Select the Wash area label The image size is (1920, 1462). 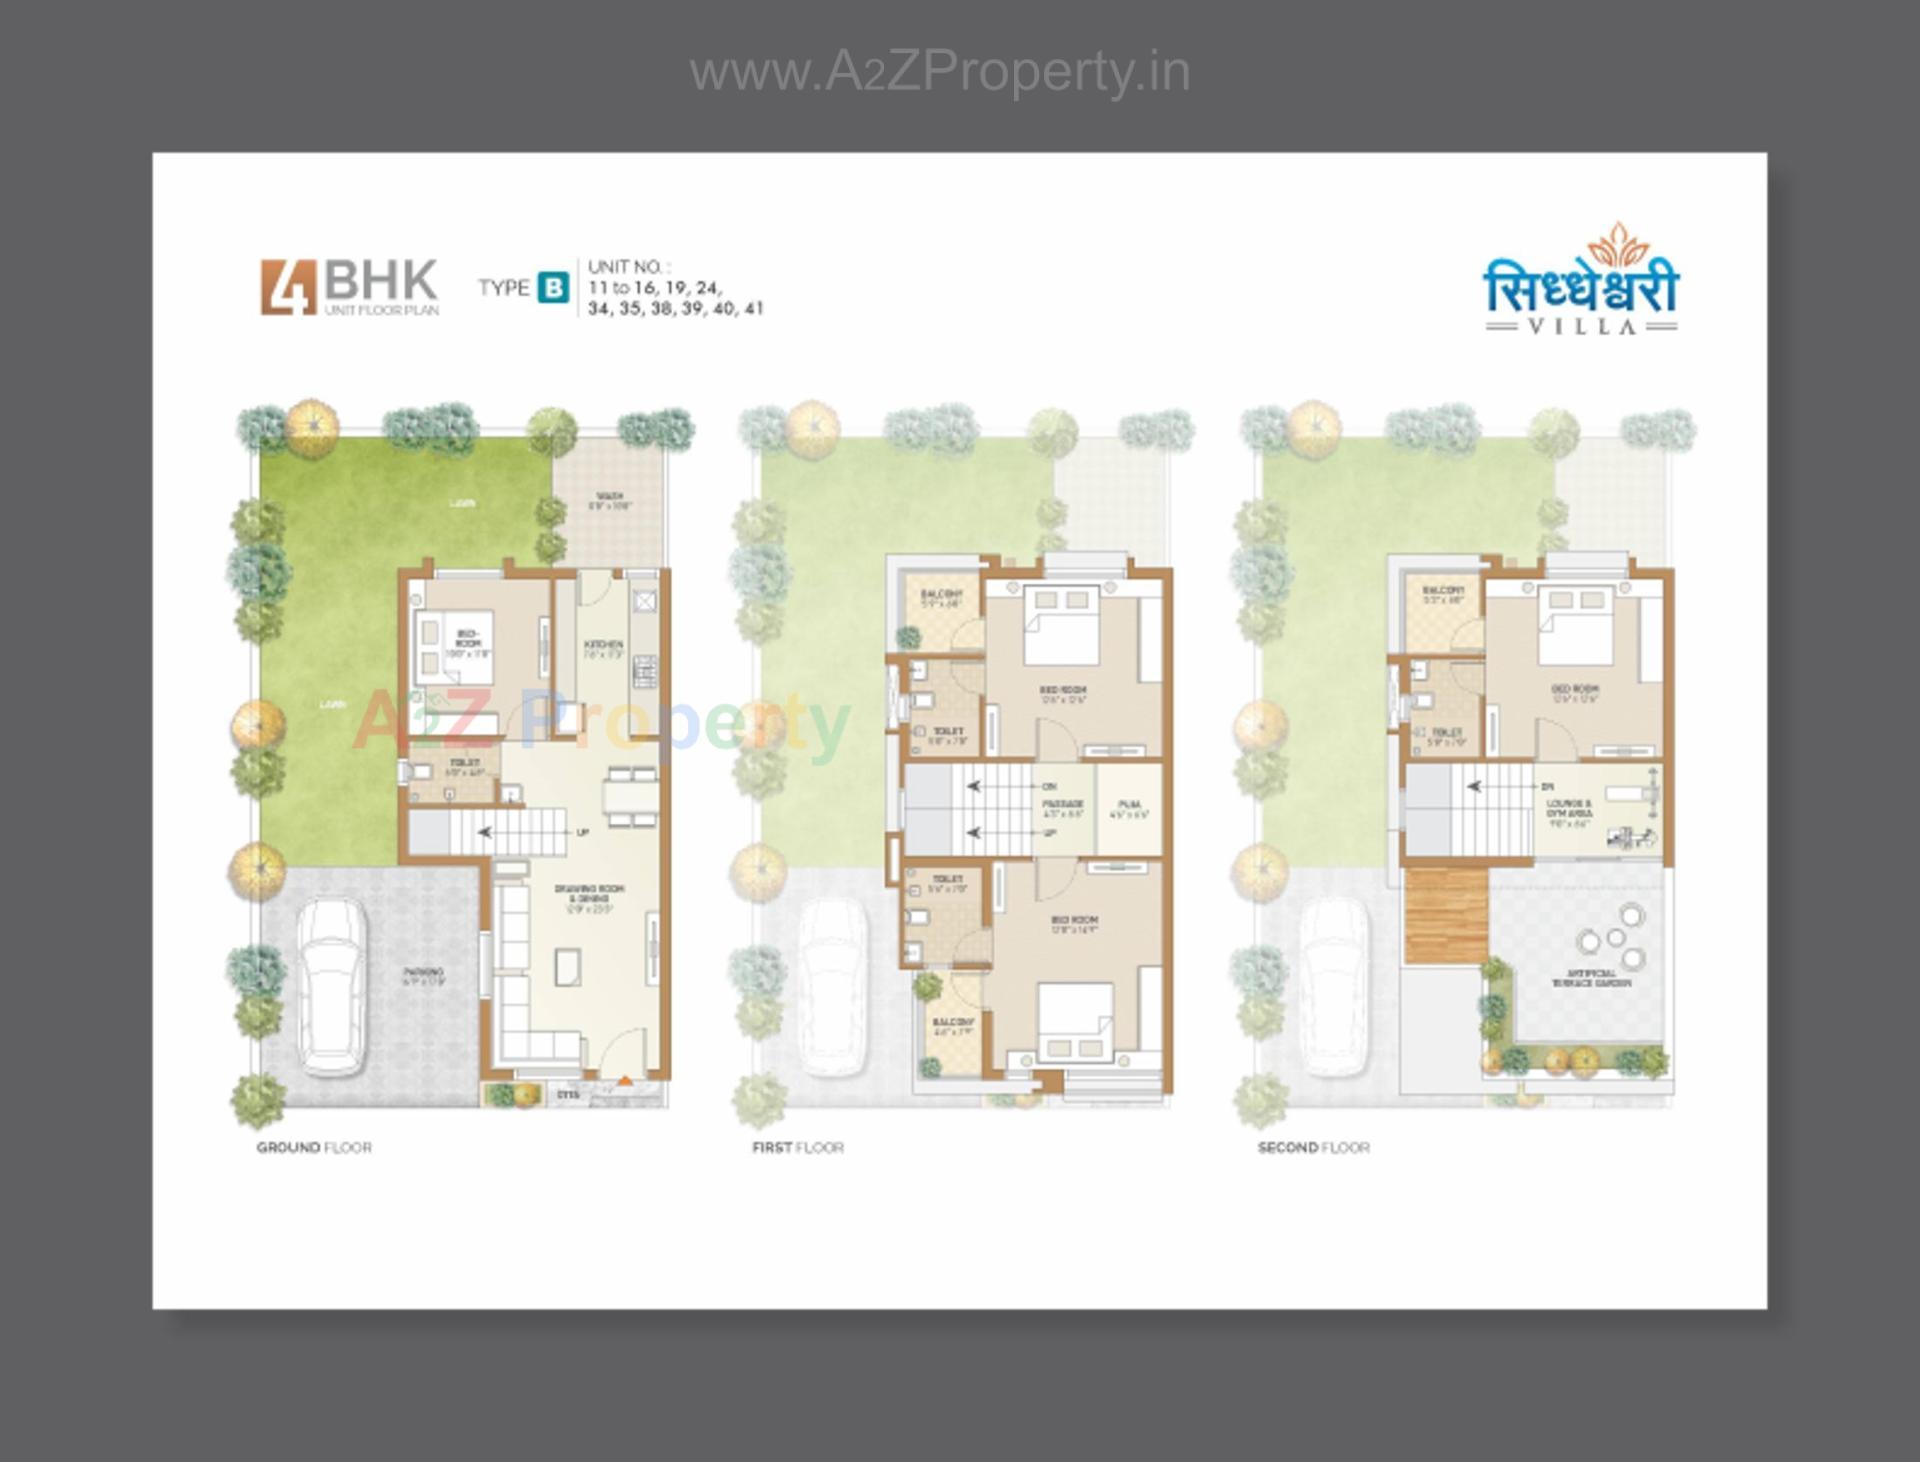[x=609, y=500]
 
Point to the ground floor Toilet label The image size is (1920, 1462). [x=464, y=767]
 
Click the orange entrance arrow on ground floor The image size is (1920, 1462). [x=625, y=1081]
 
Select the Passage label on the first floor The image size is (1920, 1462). [x=1062, y=808]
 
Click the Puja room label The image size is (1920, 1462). [x=1129, y=808]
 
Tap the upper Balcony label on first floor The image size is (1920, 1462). [x=941, y=598]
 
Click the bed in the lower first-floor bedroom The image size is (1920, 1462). [x=1075, y=1022]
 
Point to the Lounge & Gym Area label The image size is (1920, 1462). [x=1568, y=813]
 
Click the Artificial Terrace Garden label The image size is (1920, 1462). [x=1591, y=978]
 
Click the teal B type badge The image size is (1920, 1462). [x=553, y=288]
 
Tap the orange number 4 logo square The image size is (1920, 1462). [x=289, y=288]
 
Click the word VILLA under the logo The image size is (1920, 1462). [x=1582, y=326]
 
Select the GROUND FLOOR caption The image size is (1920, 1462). [x=314, y=1147]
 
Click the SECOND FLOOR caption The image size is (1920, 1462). [x=1313, y=1147]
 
